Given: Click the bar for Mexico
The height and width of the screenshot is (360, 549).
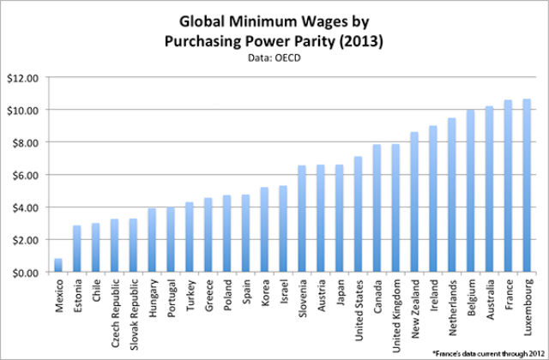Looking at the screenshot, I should [x=58, y=265].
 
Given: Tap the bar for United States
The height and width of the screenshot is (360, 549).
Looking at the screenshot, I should [x=359, y=214].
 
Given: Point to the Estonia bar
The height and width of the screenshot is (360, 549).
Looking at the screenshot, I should [x=77, y=249].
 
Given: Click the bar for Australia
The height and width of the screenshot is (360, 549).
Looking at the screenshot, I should [x=489, y=189].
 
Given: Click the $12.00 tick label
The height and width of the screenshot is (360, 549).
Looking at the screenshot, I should [x=26, y=77].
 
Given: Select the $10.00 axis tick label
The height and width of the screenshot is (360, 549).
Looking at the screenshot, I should [x=26, y=110].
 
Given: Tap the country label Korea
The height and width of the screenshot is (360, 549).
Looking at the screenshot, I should [x=265, y=292].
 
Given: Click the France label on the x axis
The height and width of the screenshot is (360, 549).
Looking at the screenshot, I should [x=509, y=293].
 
